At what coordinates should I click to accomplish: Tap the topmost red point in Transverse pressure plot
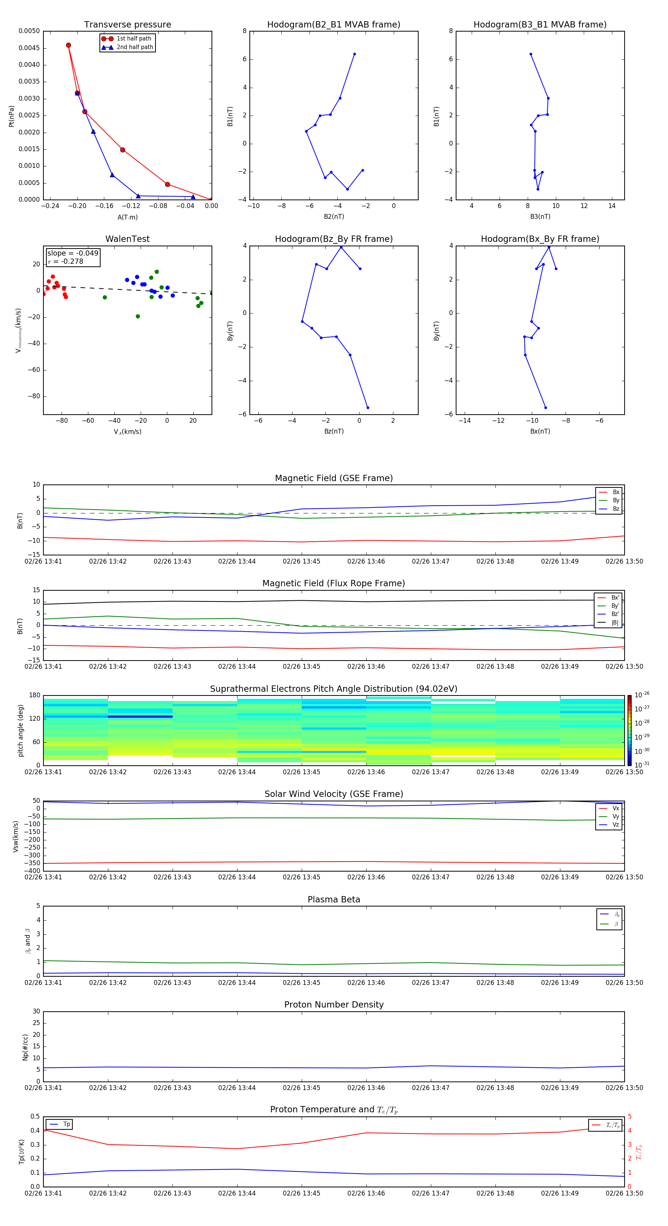pos(68,45)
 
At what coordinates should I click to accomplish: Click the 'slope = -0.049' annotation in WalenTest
pos(73,253)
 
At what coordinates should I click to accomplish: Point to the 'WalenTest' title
pos(127,239)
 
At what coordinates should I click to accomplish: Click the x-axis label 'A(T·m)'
pos(127,217)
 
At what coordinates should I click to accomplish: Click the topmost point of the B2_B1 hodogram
pos(354,54)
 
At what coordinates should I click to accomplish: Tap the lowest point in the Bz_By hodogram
pos(367,408)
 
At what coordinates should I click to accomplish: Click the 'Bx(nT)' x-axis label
pos(540,431)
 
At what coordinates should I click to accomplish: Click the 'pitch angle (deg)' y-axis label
pos(20,730)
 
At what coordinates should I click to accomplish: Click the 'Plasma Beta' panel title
pos(333,899)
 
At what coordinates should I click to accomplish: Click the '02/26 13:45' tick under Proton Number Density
pos(301,1087)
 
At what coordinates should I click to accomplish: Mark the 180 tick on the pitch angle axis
pos(35,695)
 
